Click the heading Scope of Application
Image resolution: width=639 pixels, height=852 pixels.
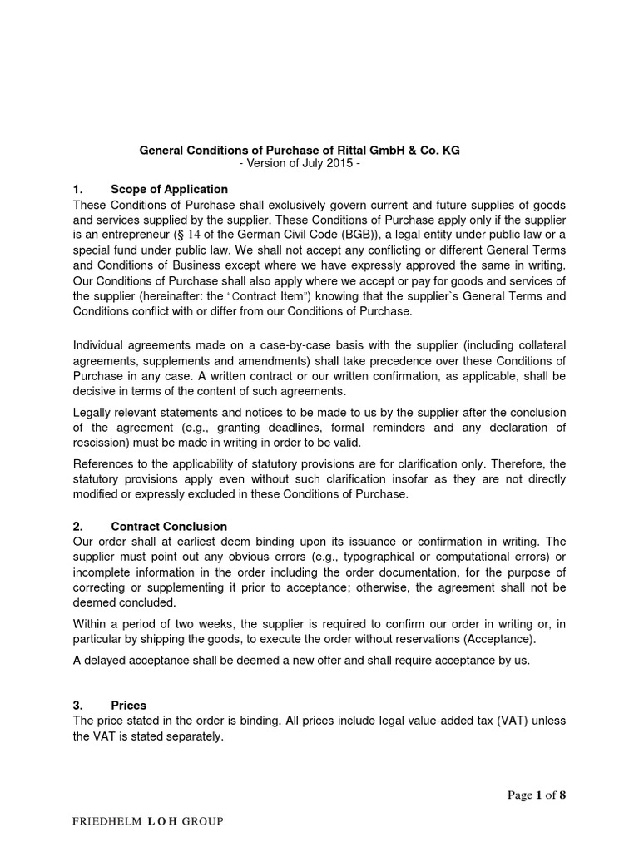169,189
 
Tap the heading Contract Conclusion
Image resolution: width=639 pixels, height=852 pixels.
168,527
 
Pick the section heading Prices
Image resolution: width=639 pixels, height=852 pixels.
128,681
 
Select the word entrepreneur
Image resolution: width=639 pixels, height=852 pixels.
136,235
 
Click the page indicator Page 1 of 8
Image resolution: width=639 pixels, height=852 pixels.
536,795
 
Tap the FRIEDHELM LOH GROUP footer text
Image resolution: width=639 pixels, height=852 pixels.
148,821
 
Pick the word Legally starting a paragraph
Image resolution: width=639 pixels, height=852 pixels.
95,413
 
